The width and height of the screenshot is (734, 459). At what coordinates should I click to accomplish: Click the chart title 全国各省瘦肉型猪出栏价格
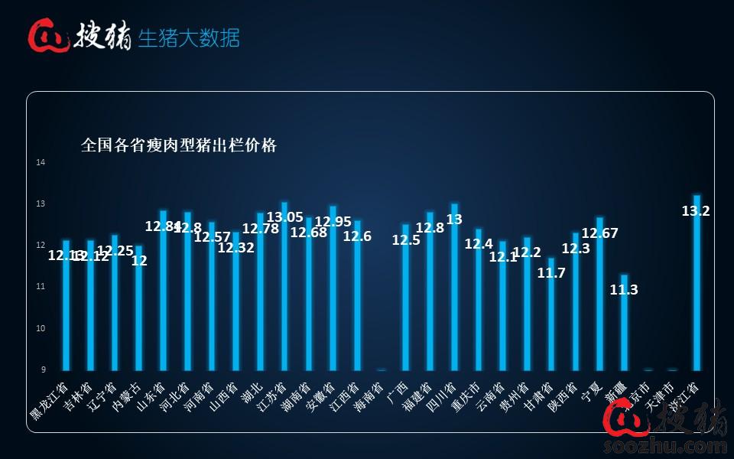coord(179,145)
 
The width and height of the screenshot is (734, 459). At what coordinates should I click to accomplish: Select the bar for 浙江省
coord(697,283)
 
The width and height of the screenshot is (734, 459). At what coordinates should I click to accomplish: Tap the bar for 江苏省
coord(284,287)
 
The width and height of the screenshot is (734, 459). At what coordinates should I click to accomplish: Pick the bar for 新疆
coord(624,322)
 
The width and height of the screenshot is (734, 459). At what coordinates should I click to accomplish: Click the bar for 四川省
coord(454,287)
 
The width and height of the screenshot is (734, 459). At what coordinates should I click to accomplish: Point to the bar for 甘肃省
coord(551,314)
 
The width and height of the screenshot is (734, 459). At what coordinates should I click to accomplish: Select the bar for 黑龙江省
coord(66,305)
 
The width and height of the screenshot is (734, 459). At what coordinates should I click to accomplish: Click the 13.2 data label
coord(696,210)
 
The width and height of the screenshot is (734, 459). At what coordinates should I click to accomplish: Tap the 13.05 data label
coord(284,217)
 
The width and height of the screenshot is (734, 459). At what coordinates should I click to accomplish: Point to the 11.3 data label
coord(624,290)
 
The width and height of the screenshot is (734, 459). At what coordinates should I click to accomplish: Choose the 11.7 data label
coord(551,273)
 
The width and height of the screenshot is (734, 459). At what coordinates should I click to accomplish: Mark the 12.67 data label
coord(599,233)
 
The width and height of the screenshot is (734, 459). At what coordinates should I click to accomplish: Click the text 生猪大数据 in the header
coord(189,37)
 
